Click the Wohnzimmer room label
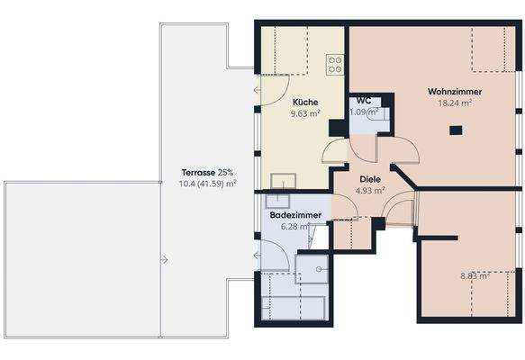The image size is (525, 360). (x=455, y=92)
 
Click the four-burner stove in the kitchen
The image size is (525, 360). (x=335, y=64)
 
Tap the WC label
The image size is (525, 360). (x=364, y=100)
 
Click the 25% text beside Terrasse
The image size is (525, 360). (x=224, y=171)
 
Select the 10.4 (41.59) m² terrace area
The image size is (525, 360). (x=208, y=183)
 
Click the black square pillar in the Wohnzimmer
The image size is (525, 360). (x=455, y=130)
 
